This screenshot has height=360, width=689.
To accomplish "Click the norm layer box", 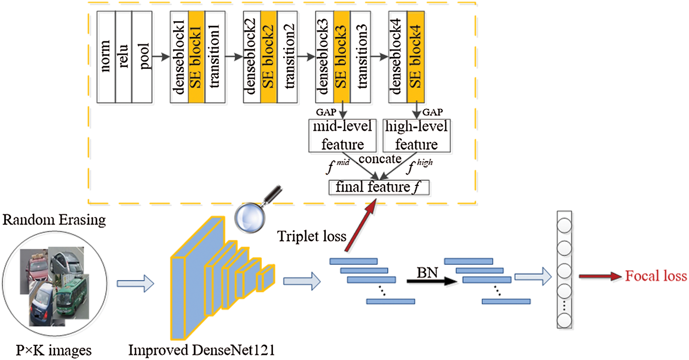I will coord(106,57).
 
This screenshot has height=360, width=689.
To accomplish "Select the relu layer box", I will coord(123,57).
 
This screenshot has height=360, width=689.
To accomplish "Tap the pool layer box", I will coord(141,57).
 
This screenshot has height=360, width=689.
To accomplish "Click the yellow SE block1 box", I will coord(196,57).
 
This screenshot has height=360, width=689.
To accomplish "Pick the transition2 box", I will coord(287,57).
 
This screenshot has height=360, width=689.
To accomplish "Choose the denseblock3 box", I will coord(325,57).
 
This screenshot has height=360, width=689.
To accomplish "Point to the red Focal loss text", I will coord(656,277).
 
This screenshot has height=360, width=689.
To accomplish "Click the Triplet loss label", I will coord(306,236).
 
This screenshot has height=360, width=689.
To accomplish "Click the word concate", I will coord(379,159).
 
